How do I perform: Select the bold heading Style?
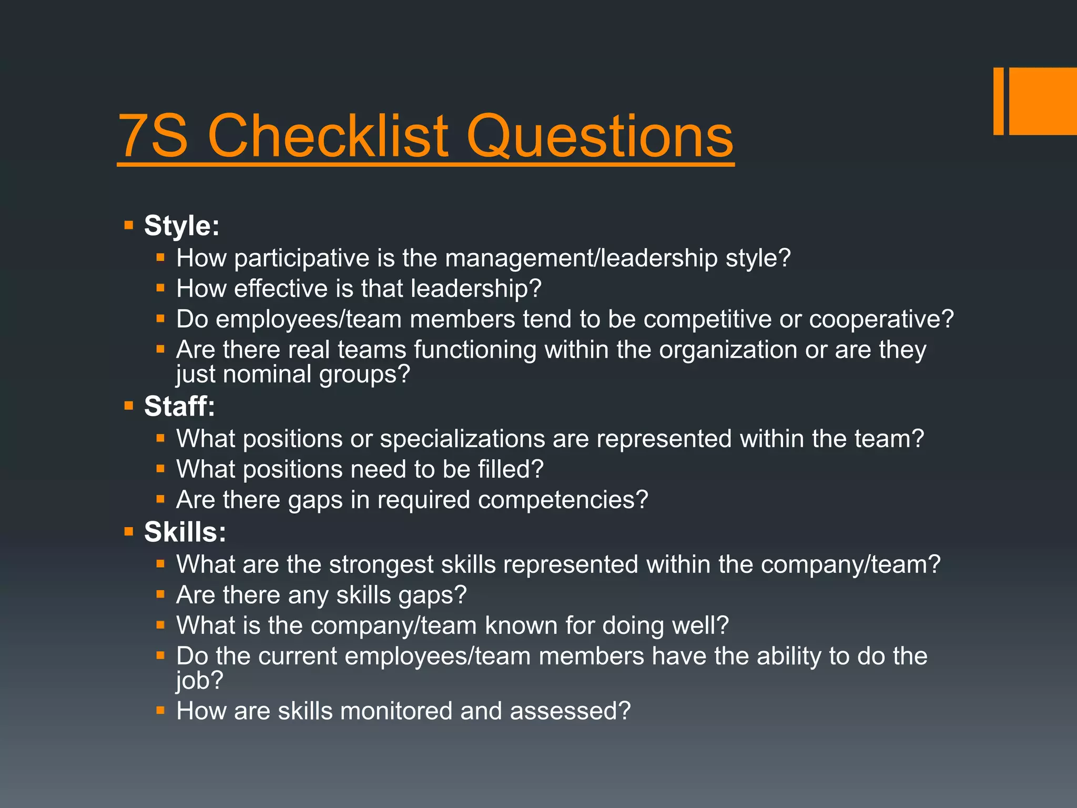[x=181, y=226]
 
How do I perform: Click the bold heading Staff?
[x=179, y=406]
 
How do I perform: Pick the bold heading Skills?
[x=185, y=532]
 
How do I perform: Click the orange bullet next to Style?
[x=129, y=226]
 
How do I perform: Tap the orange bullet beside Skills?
[x=129, y=532]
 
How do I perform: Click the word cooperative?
[x=881, y=319]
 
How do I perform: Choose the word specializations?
[x=462, y=439]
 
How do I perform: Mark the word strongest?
[x=381, y=564]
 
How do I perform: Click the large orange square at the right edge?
[x=1043, y=101]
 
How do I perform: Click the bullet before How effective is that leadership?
[x=161, y=288]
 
